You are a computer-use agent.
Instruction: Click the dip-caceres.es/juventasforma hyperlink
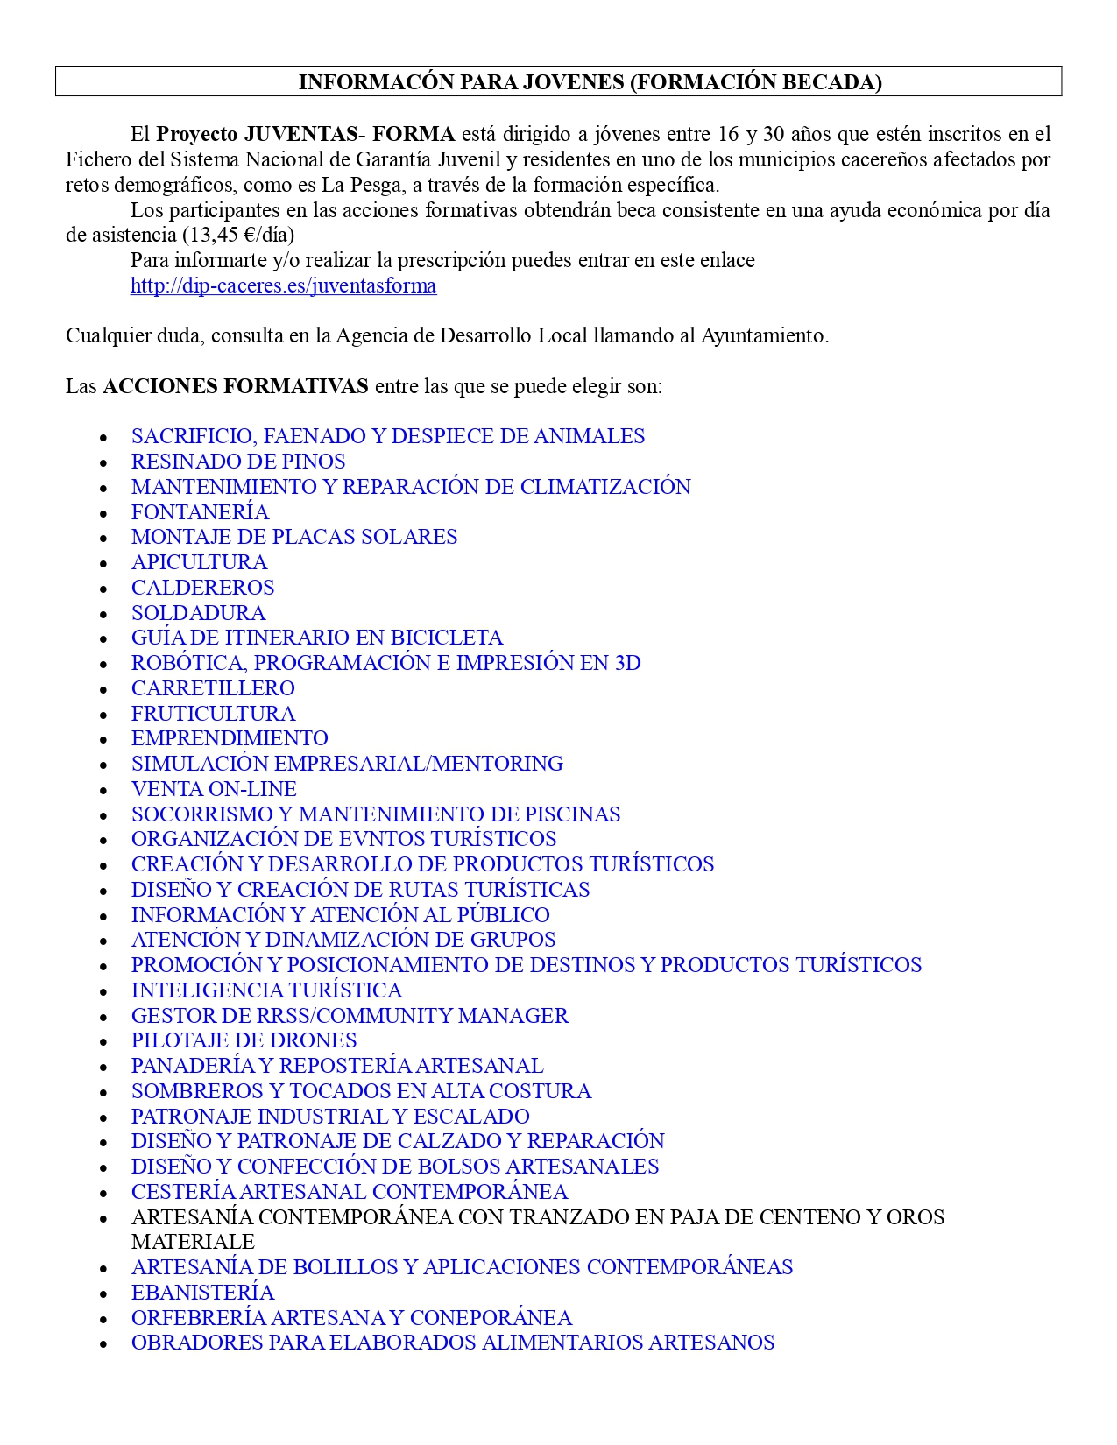click(283, 285)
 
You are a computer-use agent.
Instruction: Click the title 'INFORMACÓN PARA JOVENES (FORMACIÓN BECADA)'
click(590, 82)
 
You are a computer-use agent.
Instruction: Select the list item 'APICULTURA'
click(199, 562)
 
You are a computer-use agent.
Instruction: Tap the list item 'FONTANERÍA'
click(200, 512)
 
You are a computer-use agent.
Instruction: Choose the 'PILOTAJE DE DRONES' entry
click(244, 1040)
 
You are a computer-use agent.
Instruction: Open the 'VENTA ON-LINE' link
click(214, 789)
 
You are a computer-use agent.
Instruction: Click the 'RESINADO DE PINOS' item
click(238, 462)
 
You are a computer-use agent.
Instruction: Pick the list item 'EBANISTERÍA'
click(202, 1293)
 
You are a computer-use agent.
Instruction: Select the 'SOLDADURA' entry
click(198, 613)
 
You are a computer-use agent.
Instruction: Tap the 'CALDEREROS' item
click(202, 588)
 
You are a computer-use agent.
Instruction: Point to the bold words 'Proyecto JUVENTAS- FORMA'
click(305, 134)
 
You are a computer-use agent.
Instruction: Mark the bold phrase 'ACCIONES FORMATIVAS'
click(235, 386)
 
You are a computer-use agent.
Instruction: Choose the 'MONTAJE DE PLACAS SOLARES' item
click(294, 537)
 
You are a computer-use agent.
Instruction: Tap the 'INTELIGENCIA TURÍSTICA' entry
click(266, 990)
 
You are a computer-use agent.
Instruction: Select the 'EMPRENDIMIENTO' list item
click(230, 738)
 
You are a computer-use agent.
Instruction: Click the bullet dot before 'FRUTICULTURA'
click(103, 715)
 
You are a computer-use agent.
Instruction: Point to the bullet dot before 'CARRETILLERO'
click(103, 689)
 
